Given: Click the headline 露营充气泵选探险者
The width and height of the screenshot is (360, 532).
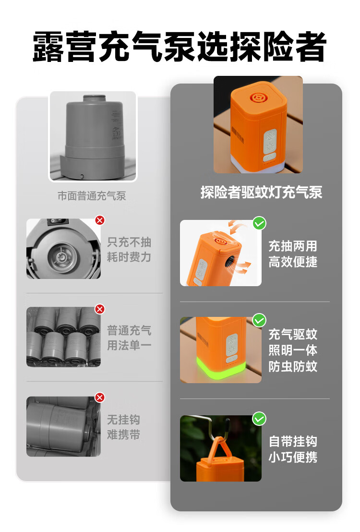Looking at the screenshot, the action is pos(180,47).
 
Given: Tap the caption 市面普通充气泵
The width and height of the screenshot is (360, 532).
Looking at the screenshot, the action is pos(92,196).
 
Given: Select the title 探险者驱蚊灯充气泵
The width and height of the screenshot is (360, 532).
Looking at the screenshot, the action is pos(261,193).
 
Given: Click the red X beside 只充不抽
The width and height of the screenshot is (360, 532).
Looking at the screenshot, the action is pos(100,220).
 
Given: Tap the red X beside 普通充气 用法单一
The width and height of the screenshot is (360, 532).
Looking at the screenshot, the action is pos(100,309).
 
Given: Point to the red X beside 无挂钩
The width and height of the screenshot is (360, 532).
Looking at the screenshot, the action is pos(100,397).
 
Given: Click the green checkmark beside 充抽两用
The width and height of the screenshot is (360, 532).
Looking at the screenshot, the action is pos(259,223).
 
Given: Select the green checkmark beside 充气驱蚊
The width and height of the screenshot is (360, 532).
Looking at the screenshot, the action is pos(259,320).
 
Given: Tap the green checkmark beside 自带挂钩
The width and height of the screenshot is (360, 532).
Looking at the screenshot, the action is pos(259,419).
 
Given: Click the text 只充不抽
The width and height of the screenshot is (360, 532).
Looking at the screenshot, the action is pos(129,242).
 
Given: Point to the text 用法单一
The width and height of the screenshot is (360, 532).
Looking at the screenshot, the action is pos(129,345).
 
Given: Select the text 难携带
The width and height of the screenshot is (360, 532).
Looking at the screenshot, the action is pos(123,435).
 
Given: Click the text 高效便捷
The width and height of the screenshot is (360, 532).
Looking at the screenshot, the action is pos(293,262).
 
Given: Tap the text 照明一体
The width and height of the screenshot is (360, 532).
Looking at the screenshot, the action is pos(293,350).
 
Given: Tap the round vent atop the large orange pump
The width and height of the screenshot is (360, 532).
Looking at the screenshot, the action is pos(259,98).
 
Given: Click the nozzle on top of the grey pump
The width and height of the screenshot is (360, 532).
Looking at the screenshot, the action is pos(95,98).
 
